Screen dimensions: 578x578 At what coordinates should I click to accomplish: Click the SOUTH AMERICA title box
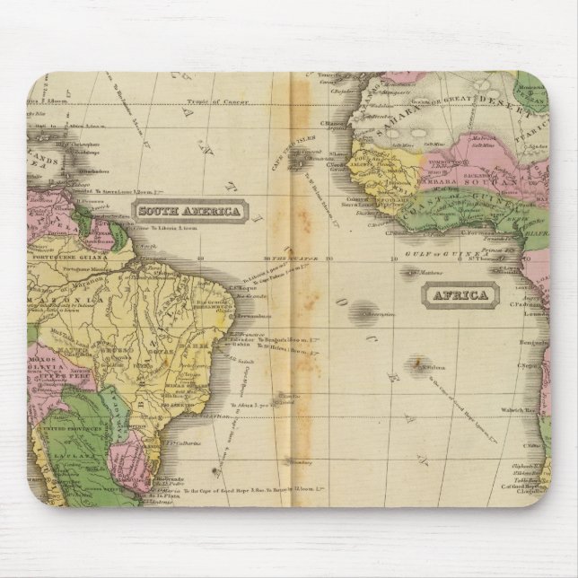coord(188,212)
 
